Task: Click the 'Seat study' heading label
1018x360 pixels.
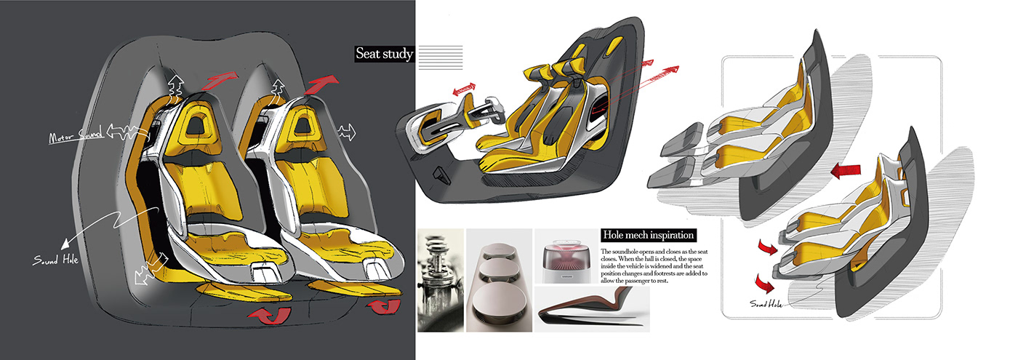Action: click(384, 53)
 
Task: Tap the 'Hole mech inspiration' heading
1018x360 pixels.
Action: click(649, 236)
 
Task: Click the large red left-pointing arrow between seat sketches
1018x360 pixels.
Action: click(847, 172)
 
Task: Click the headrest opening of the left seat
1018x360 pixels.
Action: click(195, 125)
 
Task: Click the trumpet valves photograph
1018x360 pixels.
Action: click(441, 281)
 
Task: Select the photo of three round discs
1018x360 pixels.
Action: click(498, 281)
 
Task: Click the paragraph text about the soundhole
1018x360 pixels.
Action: click(654, 266)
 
